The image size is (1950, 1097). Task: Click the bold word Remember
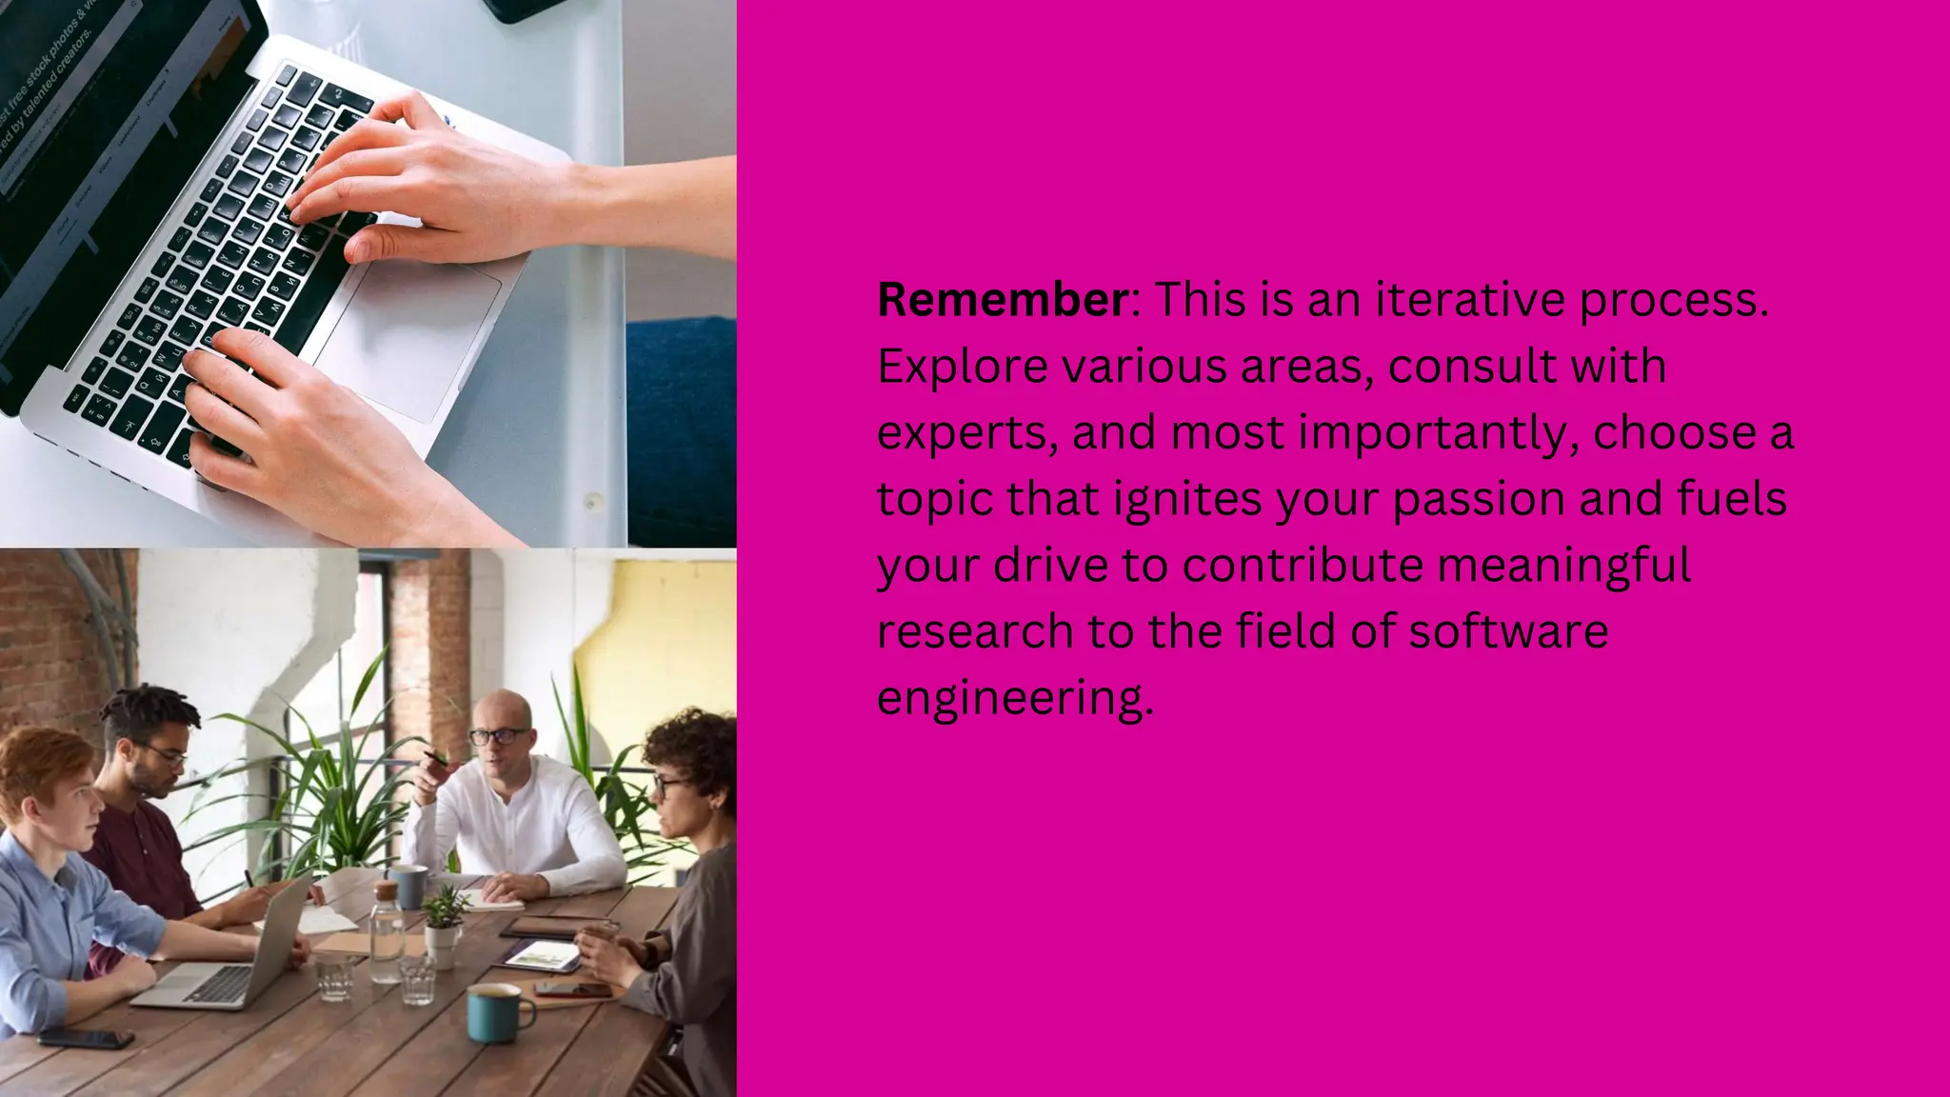coord(1002,301)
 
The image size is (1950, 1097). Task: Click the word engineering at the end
coord(1013,699)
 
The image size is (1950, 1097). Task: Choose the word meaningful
coord(1563,566)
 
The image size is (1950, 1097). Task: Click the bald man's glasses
coord(498,736)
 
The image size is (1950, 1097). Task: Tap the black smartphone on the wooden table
coord(86,1037)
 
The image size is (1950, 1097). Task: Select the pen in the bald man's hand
coord(436,759)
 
